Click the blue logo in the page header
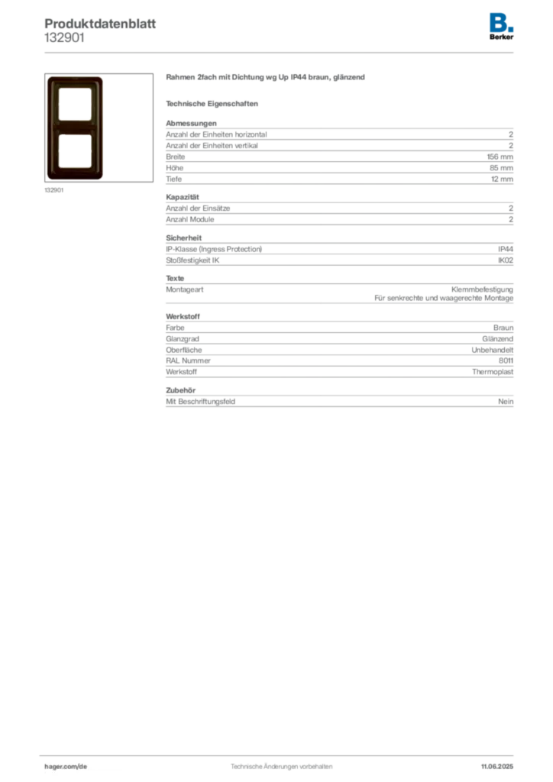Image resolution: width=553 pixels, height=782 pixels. (x=502, y=21)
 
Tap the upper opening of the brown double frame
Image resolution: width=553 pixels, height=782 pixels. (x=74, y=105)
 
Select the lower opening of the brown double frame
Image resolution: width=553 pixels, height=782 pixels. (x=74, y=150)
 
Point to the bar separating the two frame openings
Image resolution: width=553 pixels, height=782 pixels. (x=74, y=128)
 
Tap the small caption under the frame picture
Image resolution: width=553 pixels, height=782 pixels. (x=55, y=191)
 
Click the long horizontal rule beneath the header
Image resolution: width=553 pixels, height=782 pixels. (x=280, y=52)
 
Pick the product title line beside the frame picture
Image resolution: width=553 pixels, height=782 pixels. (x=266, y=79)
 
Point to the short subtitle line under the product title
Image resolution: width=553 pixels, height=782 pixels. (x=214, y=103)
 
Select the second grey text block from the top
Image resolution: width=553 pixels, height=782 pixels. (x=338, y=210)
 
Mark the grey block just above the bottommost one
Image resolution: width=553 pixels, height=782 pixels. (x=338, y=345)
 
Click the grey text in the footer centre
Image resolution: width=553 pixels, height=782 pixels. (x=279, y=762)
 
